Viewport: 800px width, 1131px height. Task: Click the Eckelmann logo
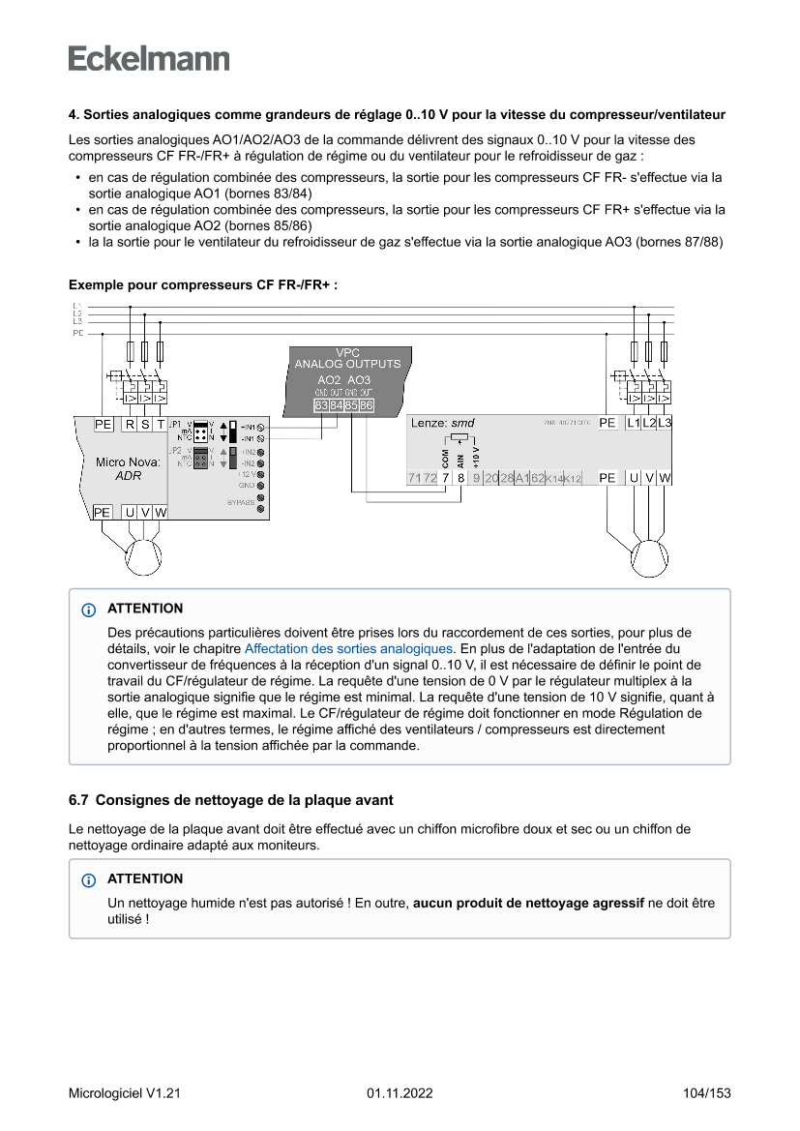click(x=149, y=58)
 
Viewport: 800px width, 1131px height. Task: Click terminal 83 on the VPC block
click(x=321, y=405)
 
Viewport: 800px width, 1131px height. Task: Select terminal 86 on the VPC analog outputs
click(x=368, y=405)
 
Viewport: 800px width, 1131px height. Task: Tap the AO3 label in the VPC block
click(x=359, y=380)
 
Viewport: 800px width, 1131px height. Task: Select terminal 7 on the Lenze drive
click(x=445, y=478)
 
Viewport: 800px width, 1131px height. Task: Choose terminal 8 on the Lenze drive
click(x=460, y=478)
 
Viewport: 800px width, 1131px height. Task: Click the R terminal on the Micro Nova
click(x=130, y=425)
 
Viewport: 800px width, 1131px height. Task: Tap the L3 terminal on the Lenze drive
click(x=665, y=424)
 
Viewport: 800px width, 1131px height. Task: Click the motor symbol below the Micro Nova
click(x=143, y=556)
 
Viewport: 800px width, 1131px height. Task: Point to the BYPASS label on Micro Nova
click(x=241, y=502)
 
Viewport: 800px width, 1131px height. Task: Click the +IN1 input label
click(x=248, y=427)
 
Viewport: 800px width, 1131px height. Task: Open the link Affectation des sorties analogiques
click(x=348, y=648)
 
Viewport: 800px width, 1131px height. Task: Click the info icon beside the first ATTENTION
click(x=89, y=610)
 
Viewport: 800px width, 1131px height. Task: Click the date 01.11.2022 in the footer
click(x=400, y=1093)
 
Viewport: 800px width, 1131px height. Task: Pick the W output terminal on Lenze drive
click(x=666, y=478)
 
